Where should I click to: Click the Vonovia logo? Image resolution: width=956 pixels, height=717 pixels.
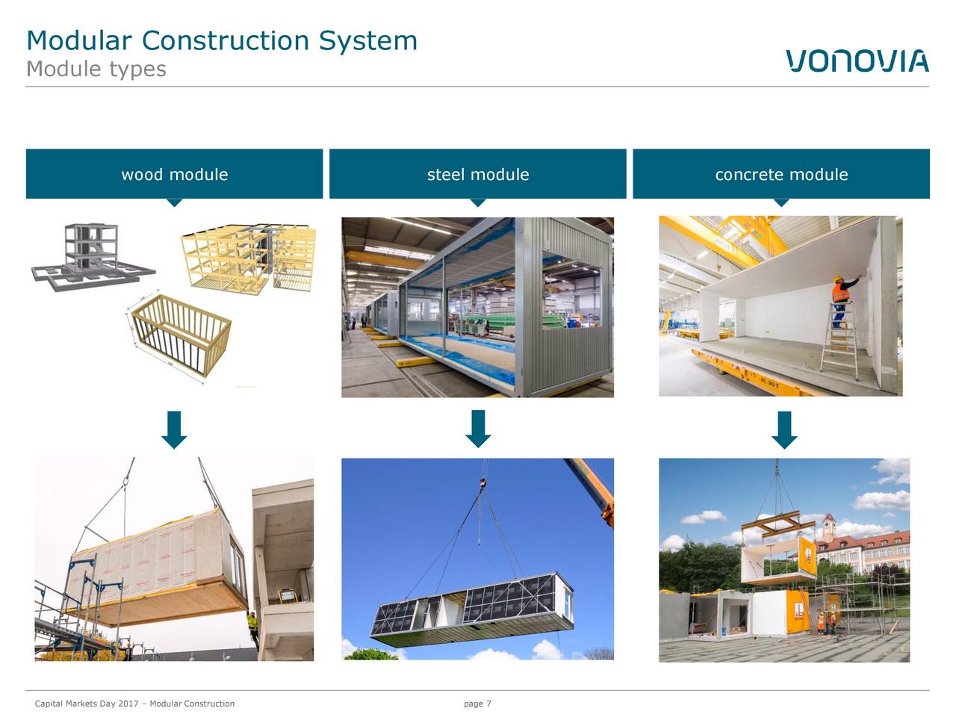857,60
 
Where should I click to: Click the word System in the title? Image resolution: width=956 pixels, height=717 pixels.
368,40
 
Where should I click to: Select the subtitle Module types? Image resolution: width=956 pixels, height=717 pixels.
96,69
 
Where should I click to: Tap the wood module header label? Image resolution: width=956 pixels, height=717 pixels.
174,175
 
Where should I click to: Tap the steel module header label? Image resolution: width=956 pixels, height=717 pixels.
478,175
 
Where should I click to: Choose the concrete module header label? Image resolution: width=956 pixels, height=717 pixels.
781,175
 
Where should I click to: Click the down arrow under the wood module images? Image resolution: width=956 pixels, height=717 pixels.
174,429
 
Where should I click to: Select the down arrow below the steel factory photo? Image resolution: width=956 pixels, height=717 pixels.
478,429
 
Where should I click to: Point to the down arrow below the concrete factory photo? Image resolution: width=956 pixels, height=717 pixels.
784,430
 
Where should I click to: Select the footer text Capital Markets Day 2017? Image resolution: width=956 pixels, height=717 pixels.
87,704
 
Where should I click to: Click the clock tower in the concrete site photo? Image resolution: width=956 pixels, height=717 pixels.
829,527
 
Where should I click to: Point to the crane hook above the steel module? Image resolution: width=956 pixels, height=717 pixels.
482,482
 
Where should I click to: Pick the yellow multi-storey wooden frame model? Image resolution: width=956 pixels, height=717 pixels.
248,259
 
